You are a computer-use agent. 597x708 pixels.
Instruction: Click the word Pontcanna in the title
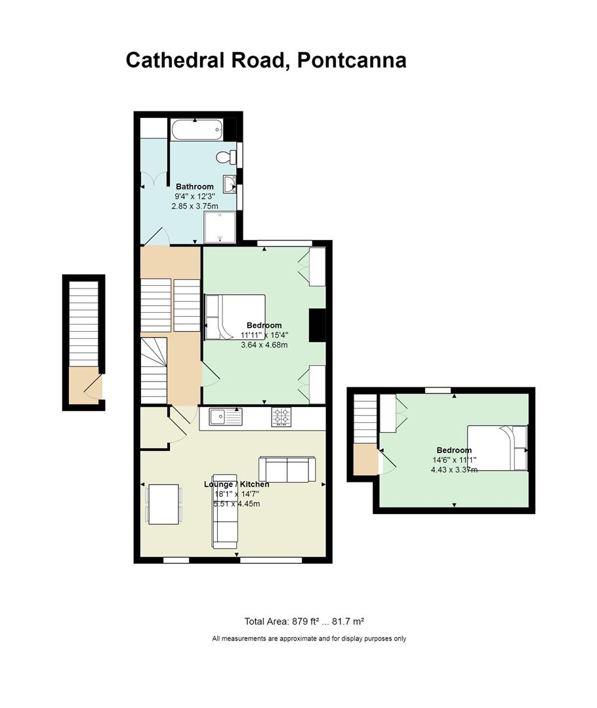click(352, 60)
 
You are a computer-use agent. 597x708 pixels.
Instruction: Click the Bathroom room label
click(195, 186)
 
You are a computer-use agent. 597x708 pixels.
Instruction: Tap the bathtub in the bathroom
click(197, 130)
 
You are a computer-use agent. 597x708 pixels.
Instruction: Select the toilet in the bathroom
click(226, 157)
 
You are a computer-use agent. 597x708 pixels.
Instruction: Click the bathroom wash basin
click(230, 184)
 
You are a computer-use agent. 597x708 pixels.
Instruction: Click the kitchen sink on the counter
click(226, 416)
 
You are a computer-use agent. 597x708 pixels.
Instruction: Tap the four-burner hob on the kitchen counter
click(281, 417)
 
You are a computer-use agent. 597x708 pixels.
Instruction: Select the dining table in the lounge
click(163, 504)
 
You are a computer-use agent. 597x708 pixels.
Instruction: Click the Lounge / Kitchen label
click(236, 484)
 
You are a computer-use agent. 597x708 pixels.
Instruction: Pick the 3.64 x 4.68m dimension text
click(264, 345)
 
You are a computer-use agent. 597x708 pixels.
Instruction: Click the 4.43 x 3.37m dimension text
click(454, 469)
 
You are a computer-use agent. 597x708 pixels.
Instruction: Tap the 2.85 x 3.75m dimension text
click(195, 206)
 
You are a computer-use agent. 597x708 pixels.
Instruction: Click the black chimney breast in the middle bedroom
click(318, 325)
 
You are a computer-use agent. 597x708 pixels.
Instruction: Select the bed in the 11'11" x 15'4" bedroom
click(235, 317)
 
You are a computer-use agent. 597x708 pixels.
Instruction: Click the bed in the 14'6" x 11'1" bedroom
click(497, 448)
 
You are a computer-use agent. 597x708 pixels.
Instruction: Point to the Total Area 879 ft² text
click(283, 621)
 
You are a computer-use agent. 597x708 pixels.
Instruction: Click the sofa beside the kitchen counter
click(287, 469)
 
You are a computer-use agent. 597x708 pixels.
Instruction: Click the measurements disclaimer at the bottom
click(309, 639)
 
